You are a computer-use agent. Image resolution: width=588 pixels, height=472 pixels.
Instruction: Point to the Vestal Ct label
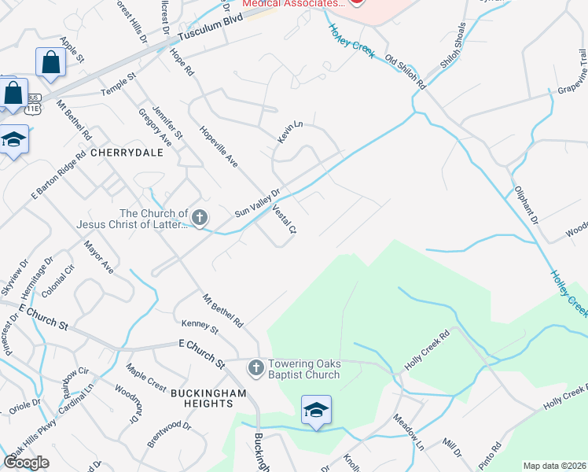pos(285,220)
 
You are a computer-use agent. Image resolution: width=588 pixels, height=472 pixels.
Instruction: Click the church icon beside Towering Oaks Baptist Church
pos(255,367)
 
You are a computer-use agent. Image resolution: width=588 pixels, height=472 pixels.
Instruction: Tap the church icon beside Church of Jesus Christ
pos(200,218)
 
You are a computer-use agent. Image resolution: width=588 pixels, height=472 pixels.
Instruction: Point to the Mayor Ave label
pos(100,257)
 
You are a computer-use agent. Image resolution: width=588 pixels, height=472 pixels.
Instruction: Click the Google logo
pos(26,462)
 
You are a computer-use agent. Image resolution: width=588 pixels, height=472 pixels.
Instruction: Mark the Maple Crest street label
pos(146,377)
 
